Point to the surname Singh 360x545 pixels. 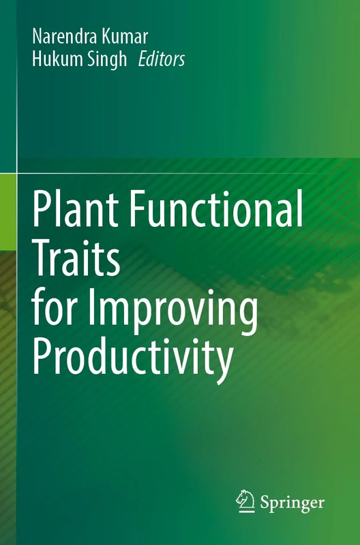click(x=108, y=61)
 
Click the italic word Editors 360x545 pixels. click(x=161, y=60)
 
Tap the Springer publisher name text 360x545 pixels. click(x=292, y=503)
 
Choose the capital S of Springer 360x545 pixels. click(x=267, y=502)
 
